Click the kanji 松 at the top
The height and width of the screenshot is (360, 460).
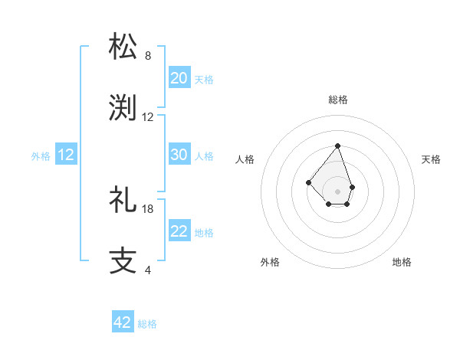123,46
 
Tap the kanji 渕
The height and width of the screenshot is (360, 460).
123,108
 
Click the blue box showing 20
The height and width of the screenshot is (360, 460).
179,78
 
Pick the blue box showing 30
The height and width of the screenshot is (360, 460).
179,155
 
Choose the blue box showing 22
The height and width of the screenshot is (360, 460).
179,232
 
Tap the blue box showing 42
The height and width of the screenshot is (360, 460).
123,322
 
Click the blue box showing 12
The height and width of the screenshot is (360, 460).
66,155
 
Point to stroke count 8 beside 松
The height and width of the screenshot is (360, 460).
148,56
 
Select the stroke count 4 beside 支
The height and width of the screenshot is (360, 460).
148,270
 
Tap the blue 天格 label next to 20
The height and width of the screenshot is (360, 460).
204,80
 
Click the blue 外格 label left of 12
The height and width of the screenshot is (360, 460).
41,156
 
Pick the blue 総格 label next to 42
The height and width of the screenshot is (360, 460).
147,324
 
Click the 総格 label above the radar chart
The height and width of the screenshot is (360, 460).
338,100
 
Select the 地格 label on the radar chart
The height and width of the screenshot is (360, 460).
402,262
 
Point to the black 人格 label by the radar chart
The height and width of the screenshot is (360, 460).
245,159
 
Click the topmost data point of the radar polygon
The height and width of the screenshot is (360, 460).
337,146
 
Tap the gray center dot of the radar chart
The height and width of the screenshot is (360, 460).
337,191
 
